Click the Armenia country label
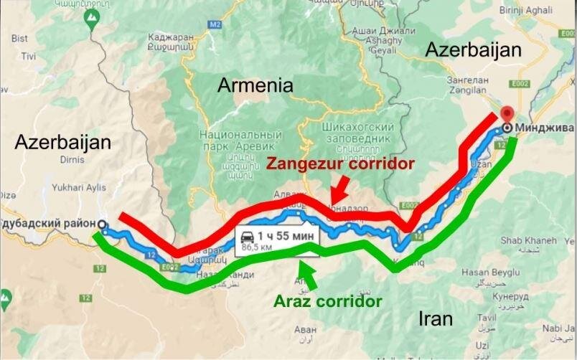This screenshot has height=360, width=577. tap(255, 86)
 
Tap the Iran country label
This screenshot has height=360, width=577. tap(435, 318)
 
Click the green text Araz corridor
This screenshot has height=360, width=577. tap(327, 301)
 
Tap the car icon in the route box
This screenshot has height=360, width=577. tap(246, 236)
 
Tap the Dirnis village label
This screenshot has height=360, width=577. tap(62, 161)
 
